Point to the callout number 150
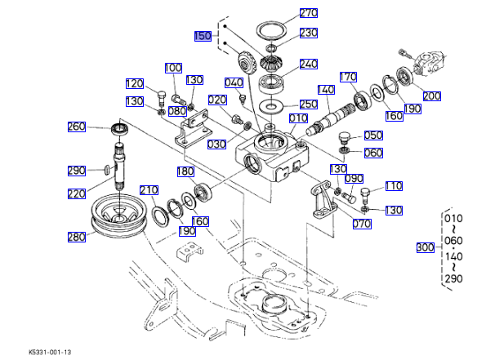(203, 36)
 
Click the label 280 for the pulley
(76, 237)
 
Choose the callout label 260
(76, 127)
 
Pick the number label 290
(76, 171)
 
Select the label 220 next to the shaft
(76, 193)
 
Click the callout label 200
(431, 96)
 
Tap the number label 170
(348, 78)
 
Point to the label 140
(326, 90)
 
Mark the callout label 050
(372, 136)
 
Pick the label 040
(233, 83)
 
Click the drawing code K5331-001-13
(50, 352)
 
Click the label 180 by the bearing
(185, 171)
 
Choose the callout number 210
(149, 190)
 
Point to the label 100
(173, 68)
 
